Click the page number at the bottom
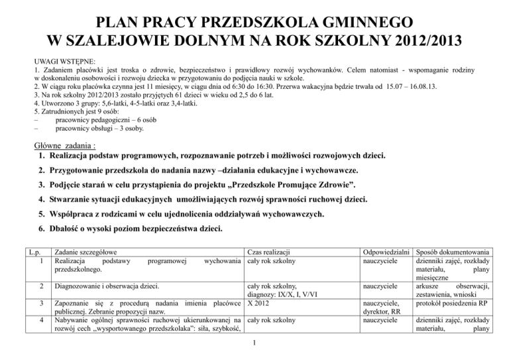(x=254, y=343)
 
